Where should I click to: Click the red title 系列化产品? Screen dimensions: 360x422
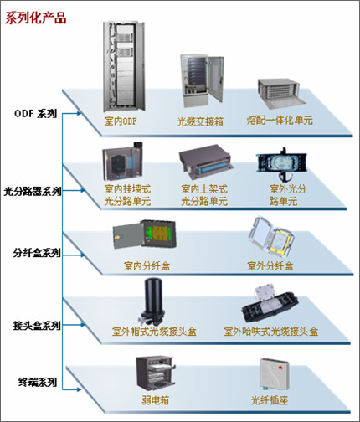pyautogui.click(x=35, y=18)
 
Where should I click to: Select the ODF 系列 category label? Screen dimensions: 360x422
pyautogui.click(x=35, y=114)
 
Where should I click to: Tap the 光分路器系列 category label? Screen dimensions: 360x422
pyautogui.click(x=33, y=192)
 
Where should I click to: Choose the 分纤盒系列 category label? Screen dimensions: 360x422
pyautogui.click(x=37, y=253)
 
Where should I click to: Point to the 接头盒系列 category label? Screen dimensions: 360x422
pyautogui.click(x=37, y=326)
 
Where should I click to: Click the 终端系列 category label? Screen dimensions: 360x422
pyautogui.click(x=38, y=382)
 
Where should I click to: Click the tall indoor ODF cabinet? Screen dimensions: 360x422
pyautogui.click(x=124, y=66)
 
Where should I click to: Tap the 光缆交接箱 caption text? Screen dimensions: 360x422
pyautogui.click(x=200, y=121)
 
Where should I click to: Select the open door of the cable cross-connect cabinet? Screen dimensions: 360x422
pyautogui.click(x=216, y=78)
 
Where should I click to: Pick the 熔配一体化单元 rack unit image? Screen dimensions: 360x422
pyautogui.click(x=282, y=94)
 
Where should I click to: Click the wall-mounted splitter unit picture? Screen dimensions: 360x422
pyautogui.click(x=122, y=161)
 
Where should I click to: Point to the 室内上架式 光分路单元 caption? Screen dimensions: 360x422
pyautogui.click(x=204, y=195)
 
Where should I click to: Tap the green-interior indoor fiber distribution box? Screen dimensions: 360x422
pyautogui.click(x=145, y=234)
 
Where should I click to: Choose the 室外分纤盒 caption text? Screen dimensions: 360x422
pyautogui.click(x=270, y=266)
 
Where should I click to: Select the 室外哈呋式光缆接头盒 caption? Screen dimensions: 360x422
pyautogui.click(x=271, y=332)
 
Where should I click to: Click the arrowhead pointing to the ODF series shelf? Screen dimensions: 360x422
pyautogui.click(x=79, y=113)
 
